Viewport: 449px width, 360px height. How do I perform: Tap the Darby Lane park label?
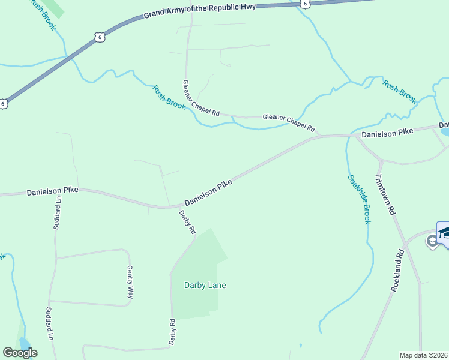pos(205,285)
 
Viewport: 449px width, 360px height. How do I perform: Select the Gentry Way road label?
pos(130,282)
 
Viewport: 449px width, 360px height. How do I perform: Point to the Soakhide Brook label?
pos(358,199)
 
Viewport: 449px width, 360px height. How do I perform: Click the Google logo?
pos(20,353)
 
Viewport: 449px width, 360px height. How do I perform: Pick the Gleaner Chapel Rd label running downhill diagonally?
pos(201,97)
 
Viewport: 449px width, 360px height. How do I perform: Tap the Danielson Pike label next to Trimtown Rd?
pos(387,133)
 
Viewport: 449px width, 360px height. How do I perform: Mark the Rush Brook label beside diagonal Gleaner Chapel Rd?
pos(169,97)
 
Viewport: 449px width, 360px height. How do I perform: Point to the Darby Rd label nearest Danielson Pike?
pos(188,221)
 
